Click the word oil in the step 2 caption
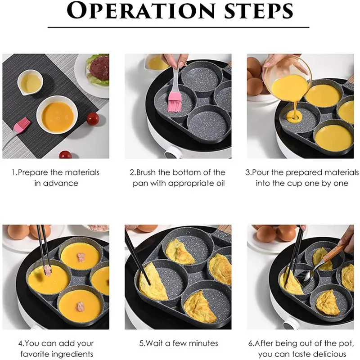click(x=218, y=183)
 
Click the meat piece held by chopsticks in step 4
click(x=46, y=270)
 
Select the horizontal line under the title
click(x=179, y=27)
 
